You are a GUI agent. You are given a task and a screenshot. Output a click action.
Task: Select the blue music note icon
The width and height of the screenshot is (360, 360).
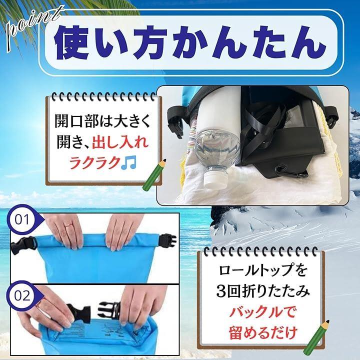129,162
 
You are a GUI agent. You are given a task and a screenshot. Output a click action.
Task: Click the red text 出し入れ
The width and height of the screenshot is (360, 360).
120,142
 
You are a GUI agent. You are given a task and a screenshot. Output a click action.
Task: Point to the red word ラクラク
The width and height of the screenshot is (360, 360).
94,163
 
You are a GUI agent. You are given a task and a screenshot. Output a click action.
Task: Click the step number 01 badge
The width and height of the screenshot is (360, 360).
22,219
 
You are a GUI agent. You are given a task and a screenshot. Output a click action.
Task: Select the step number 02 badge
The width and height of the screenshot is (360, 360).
22,295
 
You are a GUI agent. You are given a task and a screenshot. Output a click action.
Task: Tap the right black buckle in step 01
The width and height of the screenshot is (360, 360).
167,241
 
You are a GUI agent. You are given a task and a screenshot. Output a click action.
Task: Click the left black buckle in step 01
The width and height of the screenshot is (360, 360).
23,245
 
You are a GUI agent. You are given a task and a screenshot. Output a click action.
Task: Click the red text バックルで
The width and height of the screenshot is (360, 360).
262,312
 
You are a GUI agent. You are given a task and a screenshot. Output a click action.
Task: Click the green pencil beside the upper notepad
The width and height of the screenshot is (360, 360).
154,174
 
